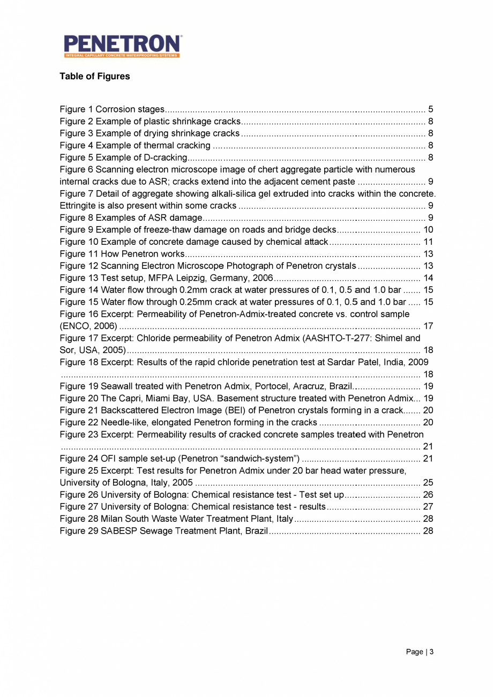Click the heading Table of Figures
click(x=94, y=77)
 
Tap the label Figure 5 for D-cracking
click(x=76, y=158)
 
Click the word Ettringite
click(x=78, y=206)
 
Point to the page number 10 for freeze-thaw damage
click(x=428, y=230)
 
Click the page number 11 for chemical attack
click(x=428, y=242)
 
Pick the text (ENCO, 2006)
click(x=88, y=326)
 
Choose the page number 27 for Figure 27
click(x=428, y=506)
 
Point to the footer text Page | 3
click(x=420, y=652)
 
